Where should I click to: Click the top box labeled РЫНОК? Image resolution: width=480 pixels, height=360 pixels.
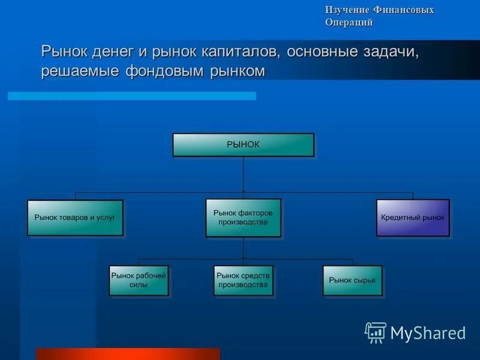click(243, 145)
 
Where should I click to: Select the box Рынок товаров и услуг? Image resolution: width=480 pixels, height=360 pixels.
click(75, 217)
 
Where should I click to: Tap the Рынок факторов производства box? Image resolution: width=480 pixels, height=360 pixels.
click(243, 217)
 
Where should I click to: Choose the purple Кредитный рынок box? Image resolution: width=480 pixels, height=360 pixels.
click(413, 217)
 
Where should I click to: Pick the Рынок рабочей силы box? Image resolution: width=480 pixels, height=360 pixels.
click(139, 280)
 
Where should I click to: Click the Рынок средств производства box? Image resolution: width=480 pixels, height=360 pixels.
click(243, 280)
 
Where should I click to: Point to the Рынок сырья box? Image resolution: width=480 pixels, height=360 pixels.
click(352, 280)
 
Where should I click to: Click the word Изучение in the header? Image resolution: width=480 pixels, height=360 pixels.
click(347, 10)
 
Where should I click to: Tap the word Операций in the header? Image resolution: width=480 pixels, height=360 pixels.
click(349, 23)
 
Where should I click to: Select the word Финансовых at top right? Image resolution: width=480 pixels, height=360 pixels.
click(403, 10)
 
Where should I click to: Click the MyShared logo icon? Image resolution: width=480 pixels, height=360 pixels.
click(376, 332)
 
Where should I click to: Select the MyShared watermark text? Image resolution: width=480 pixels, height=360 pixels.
click(428, 333)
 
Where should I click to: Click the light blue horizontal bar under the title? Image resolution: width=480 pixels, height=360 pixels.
click(132, 96)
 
